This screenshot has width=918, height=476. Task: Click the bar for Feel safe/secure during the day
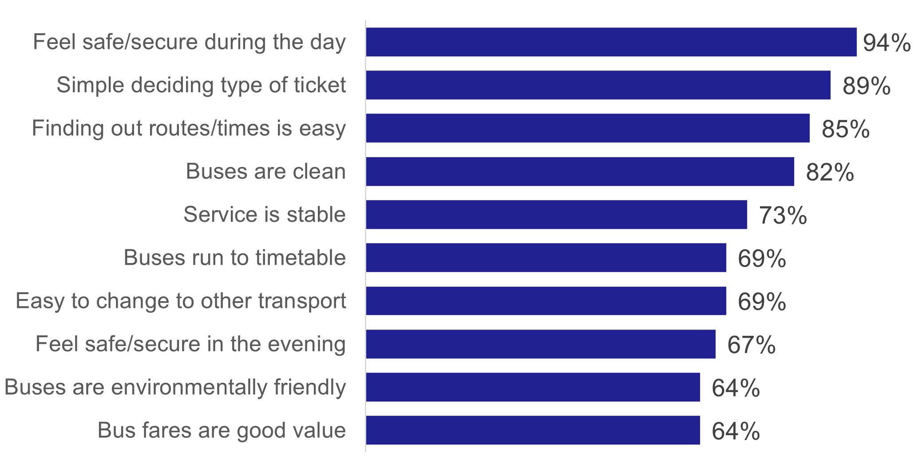[611, 42]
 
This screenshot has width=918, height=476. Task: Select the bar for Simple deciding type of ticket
[598, 85]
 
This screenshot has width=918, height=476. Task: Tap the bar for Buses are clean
[580, 171]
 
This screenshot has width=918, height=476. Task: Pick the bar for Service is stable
[556, 214]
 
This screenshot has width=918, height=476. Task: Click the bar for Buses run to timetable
[546, 257]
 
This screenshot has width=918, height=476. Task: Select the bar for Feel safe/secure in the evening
[541, 344]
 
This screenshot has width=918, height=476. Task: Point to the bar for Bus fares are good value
[533, 430]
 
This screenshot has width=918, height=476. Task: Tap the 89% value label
[866, 86]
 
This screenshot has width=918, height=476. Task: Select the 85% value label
[845, 129]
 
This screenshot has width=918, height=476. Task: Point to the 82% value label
[830, 172]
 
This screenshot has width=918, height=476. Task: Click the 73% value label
[783, 216]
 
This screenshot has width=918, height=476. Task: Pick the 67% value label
[751, 345]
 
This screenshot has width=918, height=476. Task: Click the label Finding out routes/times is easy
[189, 129]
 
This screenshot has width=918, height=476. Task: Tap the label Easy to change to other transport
[181, 301]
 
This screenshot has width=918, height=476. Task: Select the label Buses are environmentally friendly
[175, 387]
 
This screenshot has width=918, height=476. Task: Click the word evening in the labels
[306, 344]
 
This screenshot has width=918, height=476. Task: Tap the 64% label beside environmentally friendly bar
[736, 388]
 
